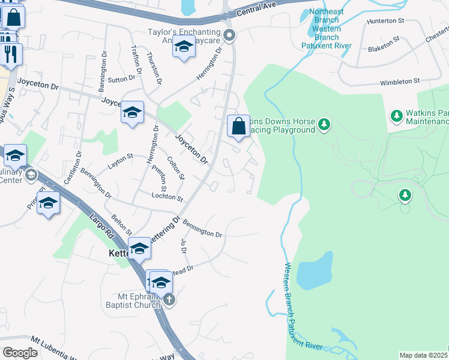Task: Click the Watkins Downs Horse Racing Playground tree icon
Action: click(x=324, y=124)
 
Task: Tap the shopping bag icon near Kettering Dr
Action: click(x=238, y=127)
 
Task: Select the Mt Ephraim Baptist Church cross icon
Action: click(x=169, y=300)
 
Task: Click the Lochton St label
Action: click(x=167, y=196)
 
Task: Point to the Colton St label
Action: click(x=176, y=168)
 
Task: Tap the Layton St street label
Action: click(x=120, y=160)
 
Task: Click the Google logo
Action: click(x=20, y=353)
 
